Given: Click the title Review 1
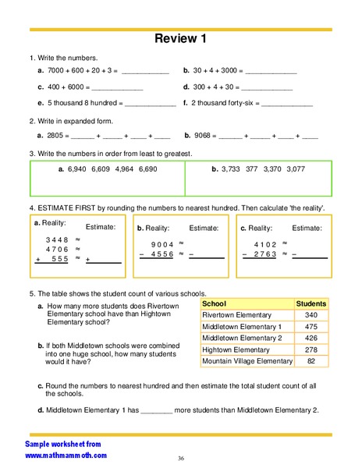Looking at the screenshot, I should (x=180, y=39).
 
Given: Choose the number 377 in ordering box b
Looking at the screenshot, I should (x=253, y=168).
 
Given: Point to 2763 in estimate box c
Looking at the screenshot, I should (x=265, y=253).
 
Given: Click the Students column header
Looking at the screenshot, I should (x=311, y=303).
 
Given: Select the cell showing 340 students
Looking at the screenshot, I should (x=311, y=314).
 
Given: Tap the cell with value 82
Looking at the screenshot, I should (x=311, y=362).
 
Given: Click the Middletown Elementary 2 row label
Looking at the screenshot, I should (x=242, y=339).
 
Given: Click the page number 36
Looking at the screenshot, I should (x=180, y=458).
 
